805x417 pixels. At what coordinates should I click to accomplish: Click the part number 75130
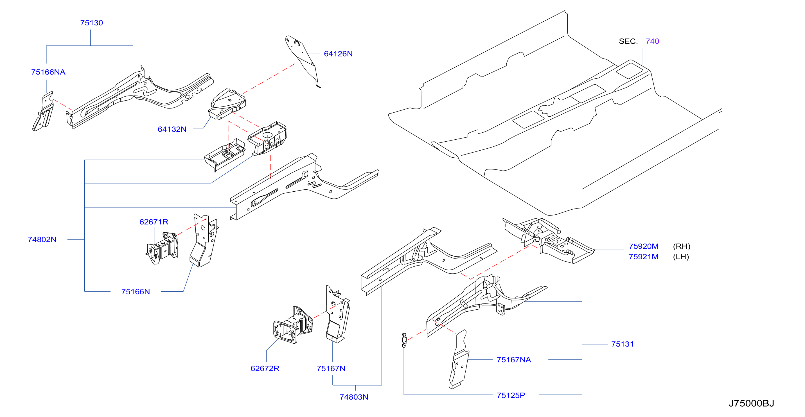91,23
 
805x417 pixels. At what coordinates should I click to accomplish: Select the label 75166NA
48,72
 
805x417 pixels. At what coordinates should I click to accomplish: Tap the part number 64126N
338,54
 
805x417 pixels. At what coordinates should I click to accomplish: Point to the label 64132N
172,129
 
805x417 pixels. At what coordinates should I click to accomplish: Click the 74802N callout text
42,240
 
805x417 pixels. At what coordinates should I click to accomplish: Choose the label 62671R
154,222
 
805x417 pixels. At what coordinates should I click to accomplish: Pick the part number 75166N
135,292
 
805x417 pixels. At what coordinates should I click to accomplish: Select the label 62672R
265,369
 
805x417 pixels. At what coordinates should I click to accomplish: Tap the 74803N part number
354,397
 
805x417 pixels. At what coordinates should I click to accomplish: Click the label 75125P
511,395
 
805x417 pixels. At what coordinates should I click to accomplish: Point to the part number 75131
622,344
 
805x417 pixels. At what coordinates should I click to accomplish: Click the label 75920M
643,246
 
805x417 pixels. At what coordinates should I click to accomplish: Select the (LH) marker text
681,257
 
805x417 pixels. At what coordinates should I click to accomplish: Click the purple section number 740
652,41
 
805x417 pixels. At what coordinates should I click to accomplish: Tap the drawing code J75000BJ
751,404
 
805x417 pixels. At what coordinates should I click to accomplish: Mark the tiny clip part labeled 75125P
404,341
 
